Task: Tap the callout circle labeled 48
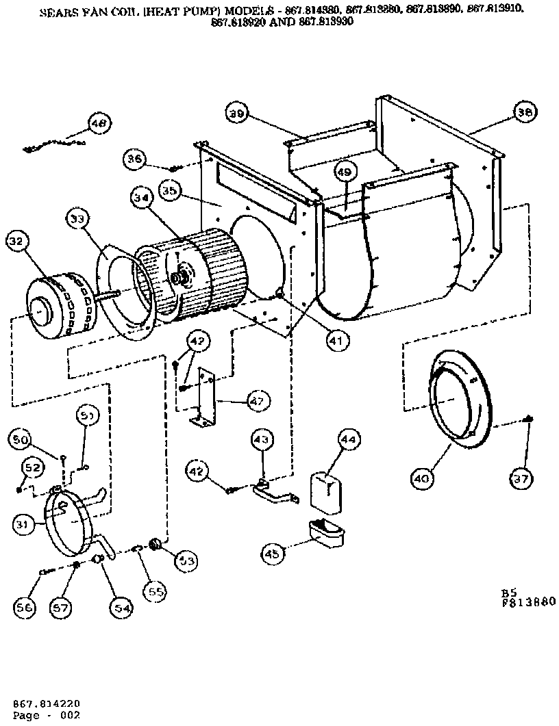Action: (99, 124)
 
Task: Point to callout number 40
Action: (423, 479)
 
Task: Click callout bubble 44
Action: (348, 441)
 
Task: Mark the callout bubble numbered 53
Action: (186, 560)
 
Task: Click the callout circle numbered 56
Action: (26, 606)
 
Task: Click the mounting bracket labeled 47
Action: (204, 398)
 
